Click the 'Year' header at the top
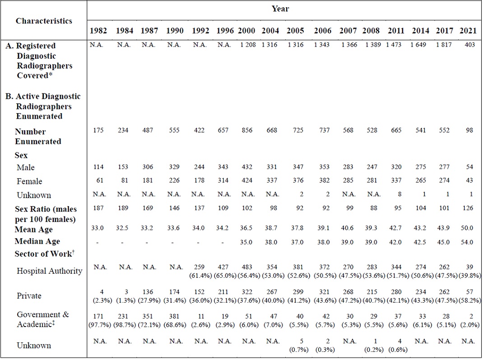tap(280, 9)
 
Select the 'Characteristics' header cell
tap(44, 21)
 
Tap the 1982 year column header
tap(98, 31)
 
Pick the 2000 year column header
tap(247, 31)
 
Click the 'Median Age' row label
tap(37, 241)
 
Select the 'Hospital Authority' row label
tap(50, 271)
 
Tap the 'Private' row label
tap(29, 296)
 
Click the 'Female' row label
tap(29, 181)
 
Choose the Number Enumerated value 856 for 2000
tap(247, 130)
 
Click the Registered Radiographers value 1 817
tap(444, 45)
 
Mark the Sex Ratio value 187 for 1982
tap(98, 208)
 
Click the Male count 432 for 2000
tap(247, 167)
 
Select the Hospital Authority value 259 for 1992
tap(200, 267)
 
